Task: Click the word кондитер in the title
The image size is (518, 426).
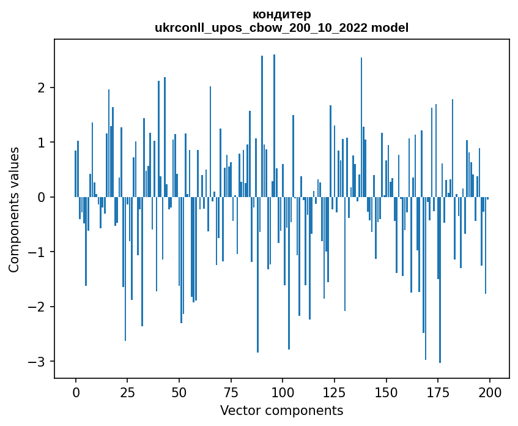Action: click(281, 14)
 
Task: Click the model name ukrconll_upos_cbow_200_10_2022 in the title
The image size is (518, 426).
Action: click(265, 28)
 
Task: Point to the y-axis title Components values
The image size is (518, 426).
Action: click(14, 209)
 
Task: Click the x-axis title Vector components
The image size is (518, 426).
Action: click(281, 410)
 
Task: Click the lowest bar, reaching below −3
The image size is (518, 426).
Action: click(440, 282)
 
